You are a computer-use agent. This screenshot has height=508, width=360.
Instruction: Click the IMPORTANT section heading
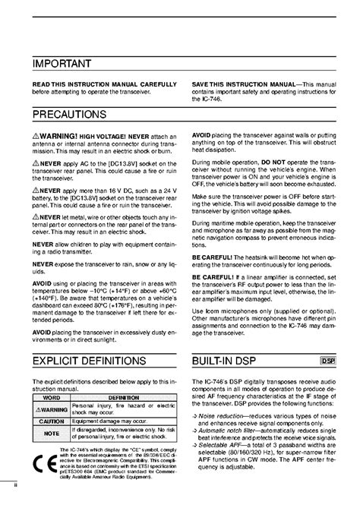click(x=62, y=63)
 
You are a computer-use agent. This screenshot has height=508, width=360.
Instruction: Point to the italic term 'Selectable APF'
click(x=223, y=472)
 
